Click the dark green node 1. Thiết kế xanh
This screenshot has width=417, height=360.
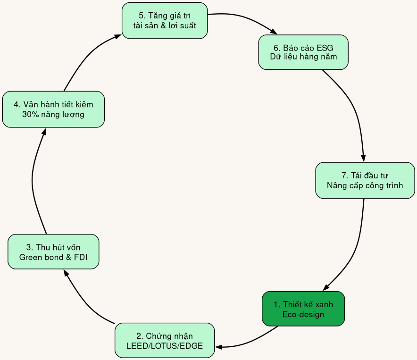[303, 309]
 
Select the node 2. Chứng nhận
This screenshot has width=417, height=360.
[165, 340]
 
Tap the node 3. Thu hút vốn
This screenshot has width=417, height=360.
[53, 251]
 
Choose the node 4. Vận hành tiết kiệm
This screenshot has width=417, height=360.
[53, 109]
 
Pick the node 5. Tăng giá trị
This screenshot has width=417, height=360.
[165, 20]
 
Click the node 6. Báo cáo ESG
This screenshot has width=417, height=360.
[303, 52]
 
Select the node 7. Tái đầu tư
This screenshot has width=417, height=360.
[365, 180]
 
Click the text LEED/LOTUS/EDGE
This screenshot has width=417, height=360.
[165, 346]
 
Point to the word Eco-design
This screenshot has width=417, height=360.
[303, 314]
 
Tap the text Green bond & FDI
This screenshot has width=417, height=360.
[53, 258]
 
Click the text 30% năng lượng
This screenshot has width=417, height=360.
[53, 115]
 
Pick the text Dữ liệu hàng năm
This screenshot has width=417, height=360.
[303, 57]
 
